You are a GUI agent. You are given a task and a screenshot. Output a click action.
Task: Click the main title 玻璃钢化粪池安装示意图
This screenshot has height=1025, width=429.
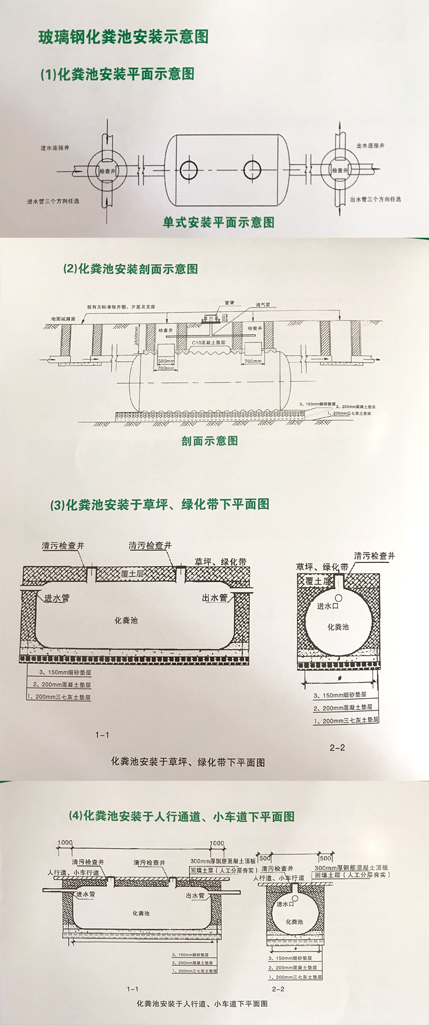pyautogui.click(x=123, y=37)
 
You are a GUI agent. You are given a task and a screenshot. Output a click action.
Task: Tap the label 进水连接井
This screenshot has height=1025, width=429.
pyautogui.click(x=55, y=148)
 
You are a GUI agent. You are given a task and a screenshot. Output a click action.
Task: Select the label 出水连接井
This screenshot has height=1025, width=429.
pyautogui.click(x=371, y=146)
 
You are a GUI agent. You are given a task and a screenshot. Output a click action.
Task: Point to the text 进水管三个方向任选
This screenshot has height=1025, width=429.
pyautogui.click(x=54, y=201)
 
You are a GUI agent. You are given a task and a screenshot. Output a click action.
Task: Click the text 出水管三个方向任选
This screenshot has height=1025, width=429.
pyautogui.click(x=375, y=199)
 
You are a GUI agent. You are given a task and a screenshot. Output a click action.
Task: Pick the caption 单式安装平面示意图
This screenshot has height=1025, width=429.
pyautogui.click(x=218, y=222)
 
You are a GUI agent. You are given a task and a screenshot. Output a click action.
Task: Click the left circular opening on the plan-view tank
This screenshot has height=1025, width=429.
pyautogui.click(x=189, y=170)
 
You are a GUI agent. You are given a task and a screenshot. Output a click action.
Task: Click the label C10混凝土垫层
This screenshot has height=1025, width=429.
pyautogui.click(x=206, y=342)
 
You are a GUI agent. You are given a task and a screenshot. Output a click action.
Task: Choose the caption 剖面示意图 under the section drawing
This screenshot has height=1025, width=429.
pyautogui.click(x=209, y=441)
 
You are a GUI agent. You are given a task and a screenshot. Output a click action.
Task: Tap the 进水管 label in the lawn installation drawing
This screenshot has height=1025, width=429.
pyautogui.click(x=57, y=598)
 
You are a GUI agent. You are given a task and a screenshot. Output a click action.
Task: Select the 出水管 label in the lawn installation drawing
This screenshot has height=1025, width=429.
pyautogui.click(x=214, y=598)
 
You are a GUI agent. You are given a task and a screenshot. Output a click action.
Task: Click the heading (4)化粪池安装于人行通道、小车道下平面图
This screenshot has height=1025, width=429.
pyautogui.click(x=182, y=817)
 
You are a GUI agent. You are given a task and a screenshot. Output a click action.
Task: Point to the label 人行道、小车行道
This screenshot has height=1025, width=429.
pyautogui.click(x=73, y=872)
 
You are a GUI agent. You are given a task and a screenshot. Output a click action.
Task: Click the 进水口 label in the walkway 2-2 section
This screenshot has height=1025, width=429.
pyautogui.click(x=285, y=904)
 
